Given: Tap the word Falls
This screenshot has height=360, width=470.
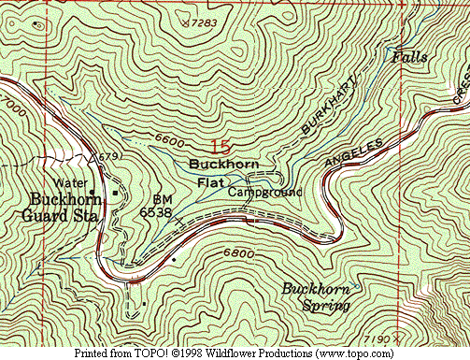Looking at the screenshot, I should tap(410, 57).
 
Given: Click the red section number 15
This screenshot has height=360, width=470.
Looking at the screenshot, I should tap(221, 147).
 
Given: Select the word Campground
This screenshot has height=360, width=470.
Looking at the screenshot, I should tap(264, 192).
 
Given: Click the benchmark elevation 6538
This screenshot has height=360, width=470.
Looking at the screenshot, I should tap(156, 212).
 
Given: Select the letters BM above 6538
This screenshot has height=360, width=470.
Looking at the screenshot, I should tap(161, 200).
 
